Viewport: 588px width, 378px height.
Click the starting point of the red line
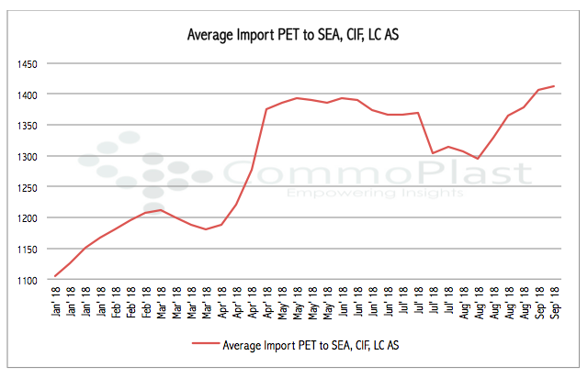[x=55, y=276]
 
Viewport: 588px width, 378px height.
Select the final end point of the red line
[x=554, y=86]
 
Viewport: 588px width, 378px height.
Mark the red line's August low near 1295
[x=479, y=159]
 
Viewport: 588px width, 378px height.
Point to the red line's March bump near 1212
[x=161, y=210]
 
